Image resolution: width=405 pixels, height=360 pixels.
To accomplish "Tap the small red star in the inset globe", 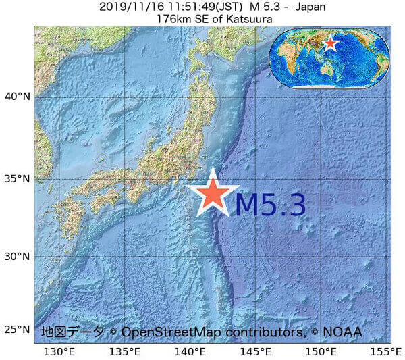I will [x=330, y=44].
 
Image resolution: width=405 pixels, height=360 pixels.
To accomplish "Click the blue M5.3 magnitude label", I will [x=270, y=204].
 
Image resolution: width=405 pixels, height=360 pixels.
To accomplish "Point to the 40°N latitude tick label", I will [x=18, y=96].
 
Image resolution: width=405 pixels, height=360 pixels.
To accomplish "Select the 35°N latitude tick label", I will [x=18, y=179].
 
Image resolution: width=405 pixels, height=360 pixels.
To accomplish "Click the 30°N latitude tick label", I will [x=18, y=257].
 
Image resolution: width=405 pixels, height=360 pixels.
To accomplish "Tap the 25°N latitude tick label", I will [x=18, y=330].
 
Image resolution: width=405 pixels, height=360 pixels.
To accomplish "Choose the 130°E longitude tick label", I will [x=59, y=351].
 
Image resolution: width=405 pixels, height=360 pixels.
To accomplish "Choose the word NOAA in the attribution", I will [x=342, y=332].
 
